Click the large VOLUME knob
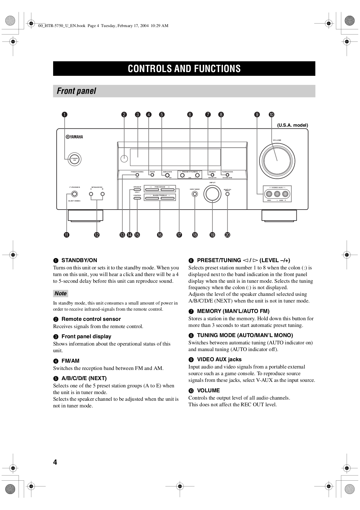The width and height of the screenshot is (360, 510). click(x=277, y=161)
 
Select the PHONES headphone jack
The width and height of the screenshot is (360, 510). click(x=75, y=194)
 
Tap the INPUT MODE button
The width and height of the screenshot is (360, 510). click(x=195, y=194)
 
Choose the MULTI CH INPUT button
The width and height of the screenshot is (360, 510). click(x=227, y=194)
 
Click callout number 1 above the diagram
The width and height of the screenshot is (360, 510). click(x=64, y=114)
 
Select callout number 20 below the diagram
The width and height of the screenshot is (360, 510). click(x=227, y=235)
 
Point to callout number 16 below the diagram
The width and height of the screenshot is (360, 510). click(x=160, y=235)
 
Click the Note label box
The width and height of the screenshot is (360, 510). click(x=61, y=294)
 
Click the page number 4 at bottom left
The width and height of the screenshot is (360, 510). click(x=55, y=462)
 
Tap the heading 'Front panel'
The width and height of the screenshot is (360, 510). click(x=76, y=91)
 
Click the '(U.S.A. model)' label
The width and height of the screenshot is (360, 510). click(x=292, y=125)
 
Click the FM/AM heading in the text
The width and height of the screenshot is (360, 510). click(x=70, y=361)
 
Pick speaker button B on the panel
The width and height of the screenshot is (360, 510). click(x=102, y=194)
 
